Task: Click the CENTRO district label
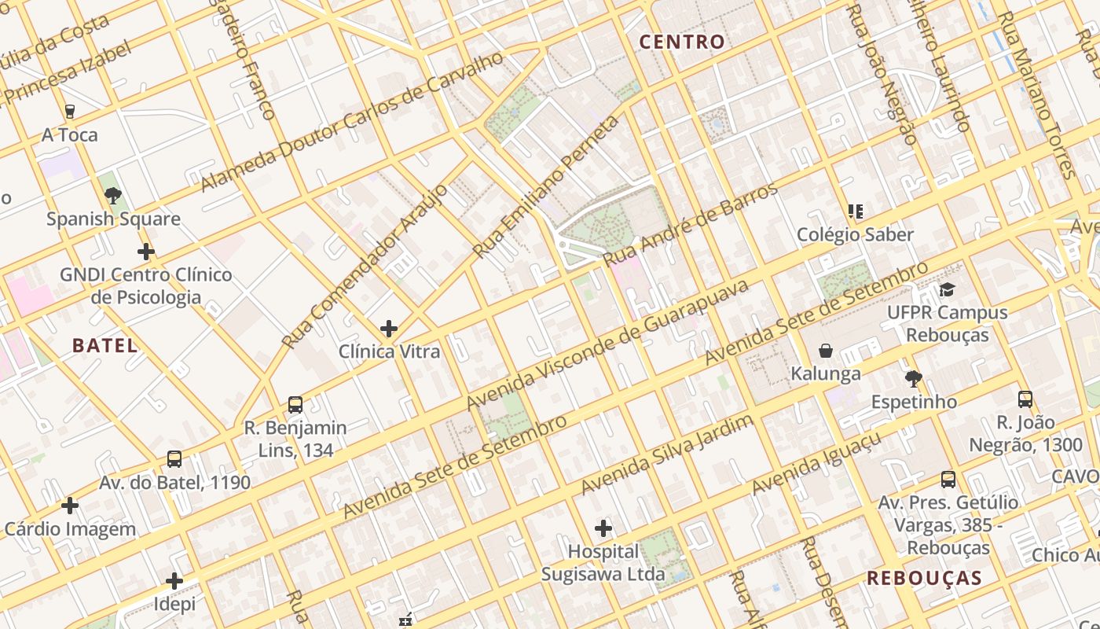pyautogui.click(x=681, y=42)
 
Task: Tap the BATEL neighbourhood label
pyautogui.click(x=104, y=344)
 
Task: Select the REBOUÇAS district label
pyautogui.click(x=924, y=578)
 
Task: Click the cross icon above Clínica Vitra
pyautogui.click(x=388, y=328)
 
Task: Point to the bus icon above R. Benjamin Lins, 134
pyautogui.click(x=295, y=405)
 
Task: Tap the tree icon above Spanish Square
pyautogui.click(x=113, y=195)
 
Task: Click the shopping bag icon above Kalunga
pyautogui.click(x=826, y=350)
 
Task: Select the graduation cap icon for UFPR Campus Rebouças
pyautogui.click(x=947, y=289)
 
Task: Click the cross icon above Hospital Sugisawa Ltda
pyautogui.click(x=603, y=528)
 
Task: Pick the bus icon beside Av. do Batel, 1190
pyautogui.click(x=174, y=458)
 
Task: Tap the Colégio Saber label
pyautogui.click(x=855, y=234)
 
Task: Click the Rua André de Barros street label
pyautogui.click(x=691, y=225)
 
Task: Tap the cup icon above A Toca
pyautogui.click(x=70, y=111)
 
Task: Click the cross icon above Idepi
pyautogui.click(x=174, y=581)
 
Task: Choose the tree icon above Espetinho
pyautogui.click(x=913, y=379)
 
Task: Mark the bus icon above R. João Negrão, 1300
pyautogui.click(x=1025, y=399)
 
